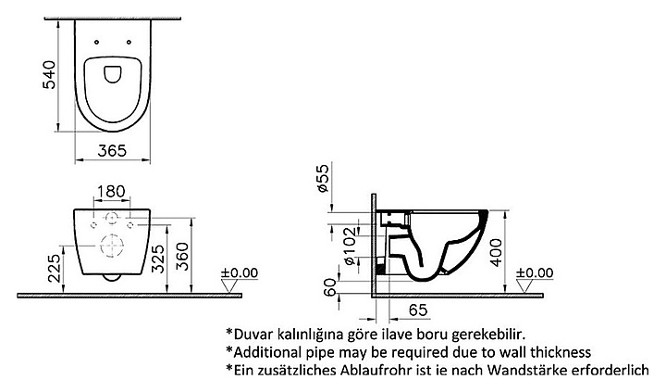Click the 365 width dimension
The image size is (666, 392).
(113, 151)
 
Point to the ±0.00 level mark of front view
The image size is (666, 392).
(240, 273)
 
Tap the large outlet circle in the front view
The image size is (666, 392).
(111, 245)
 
